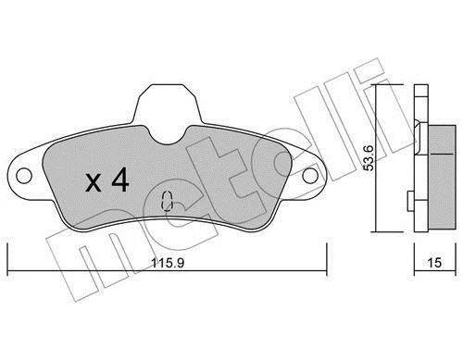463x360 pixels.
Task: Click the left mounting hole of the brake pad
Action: coord(24,176)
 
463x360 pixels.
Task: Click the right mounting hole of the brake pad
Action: coord(310,176)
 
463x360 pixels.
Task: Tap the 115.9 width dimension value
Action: coord(168,263)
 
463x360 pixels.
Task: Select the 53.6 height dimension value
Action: coord(369,157)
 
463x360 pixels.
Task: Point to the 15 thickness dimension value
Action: coord(434,263)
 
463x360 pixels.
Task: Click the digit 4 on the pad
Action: coord(120,180)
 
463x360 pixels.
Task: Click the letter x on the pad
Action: coord(94,182)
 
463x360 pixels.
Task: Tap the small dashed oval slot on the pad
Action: coord(167,201)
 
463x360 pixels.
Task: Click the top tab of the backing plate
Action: coord(167,102)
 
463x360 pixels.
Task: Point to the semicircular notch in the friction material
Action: coord(167,135)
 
